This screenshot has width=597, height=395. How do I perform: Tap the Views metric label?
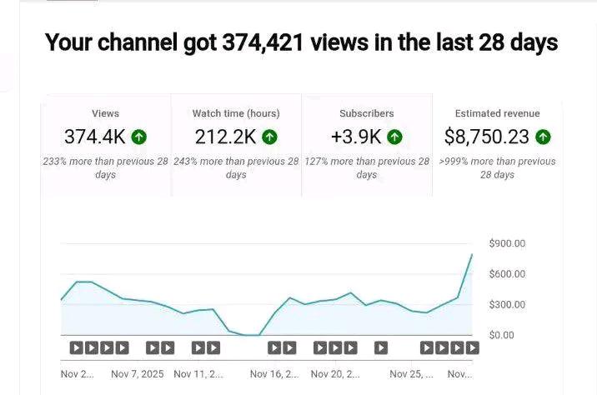pyautogui.click(x=106, y=113)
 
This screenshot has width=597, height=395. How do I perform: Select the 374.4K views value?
pyautogui.click(x=96, y=137)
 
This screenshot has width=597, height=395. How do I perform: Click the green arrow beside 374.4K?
pyautogui.click(x=138, y=137)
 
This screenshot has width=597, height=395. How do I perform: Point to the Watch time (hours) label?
pyautogui.click(x=236, y=113)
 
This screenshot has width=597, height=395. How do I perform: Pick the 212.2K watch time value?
pyautogui.click(x=225, y=137)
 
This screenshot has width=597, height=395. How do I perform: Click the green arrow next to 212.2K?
pyautogui.click(x=269, y=137)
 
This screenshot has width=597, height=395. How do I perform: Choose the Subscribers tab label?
pyautogui.click(x=367, y=113)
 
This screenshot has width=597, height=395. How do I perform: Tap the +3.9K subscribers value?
pyautogui.click(x=356, y=137)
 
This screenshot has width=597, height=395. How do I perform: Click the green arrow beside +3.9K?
pyautogui.click(x=394, y=137)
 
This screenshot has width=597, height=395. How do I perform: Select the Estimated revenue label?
pyautogui.click(x=497, y=113)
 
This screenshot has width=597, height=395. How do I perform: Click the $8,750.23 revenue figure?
pyautogui.click(x=487, y=137)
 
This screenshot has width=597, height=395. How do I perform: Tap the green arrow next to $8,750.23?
pyautogui.click(x=543, y=137)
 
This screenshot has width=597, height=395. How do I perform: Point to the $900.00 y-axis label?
pyautogui.click(x=508, y=243)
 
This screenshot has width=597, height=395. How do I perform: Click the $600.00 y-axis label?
pyautogui.click(x=508, y=274)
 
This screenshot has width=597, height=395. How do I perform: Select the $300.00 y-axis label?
pyautogui.click(x=508, y=305)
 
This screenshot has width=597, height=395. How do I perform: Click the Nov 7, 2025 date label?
pyautogui.click(x=138, y=374)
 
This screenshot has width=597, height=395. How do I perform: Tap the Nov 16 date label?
pyautogui.click(x=273, y=374)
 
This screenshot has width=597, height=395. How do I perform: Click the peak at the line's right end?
pyautogui.click(x=472, y=254)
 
